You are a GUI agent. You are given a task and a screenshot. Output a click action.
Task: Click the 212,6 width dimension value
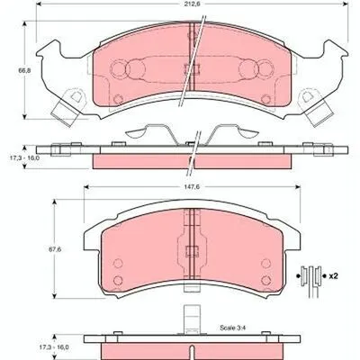tap(192, 4)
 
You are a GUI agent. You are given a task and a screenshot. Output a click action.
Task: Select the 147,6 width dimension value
tap(192, 186)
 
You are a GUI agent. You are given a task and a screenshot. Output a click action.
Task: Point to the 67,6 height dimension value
tap(55, 249)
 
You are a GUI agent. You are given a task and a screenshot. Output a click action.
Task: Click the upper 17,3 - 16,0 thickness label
tap(22, 157)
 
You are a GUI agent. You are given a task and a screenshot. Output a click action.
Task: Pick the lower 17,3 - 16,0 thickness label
tap(54, 347)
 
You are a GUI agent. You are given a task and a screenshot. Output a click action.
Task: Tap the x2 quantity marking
tap(333, 276)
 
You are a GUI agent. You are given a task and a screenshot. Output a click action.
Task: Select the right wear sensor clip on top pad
tap(314, 106)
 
